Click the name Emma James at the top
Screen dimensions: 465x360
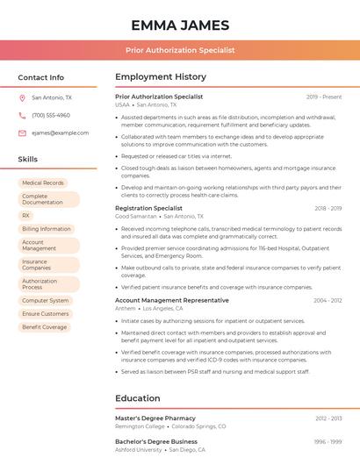pos(179,25)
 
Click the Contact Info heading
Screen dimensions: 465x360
pos(40,77)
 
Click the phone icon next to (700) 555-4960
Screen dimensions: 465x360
pos(22,115)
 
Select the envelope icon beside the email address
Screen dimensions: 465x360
pos(22,132)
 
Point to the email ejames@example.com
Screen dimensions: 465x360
pos(60,132)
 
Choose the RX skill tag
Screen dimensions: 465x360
pos(26,215)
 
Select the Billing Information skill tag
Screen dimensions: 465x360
pos(46,229)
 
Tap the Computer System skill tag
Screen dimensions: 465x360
pos(46,300)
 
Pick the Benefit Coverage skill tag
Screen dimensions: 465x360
pos(44,327)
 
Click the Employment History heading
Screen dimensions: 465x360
pos(160,77)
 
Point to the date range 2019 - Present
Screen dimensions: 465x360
pos(324,97)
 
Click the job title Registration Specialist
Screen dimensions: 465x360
pos(148,208)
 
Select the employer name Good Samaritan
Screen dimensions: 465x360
pos(135,216)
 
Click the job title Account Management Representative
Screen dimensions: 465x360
pos(171,300)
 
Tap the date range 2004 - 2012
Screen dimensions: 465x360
pos(328,300)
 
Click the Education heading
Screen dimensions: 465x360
pos(137,398)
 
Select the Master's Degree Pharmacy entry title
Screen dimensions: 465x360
pos(155,418)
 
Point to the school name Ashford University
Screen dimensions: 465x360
pos(139,449)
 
